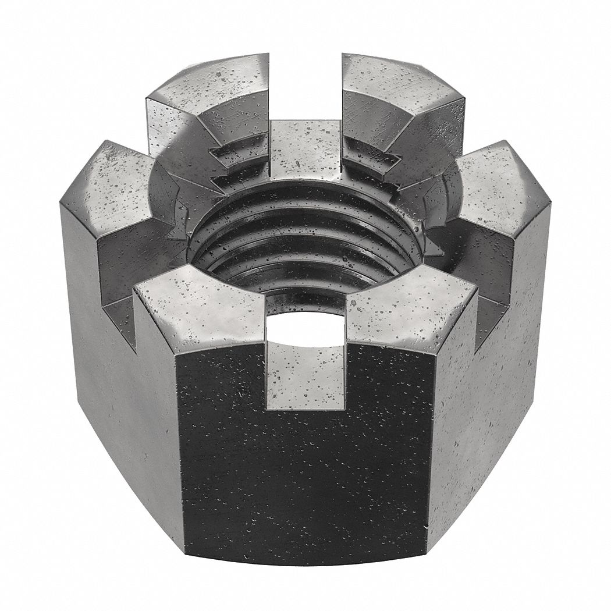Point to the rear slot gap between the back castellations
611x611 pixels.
305,87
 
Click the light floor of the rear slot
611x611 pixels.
305,145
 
